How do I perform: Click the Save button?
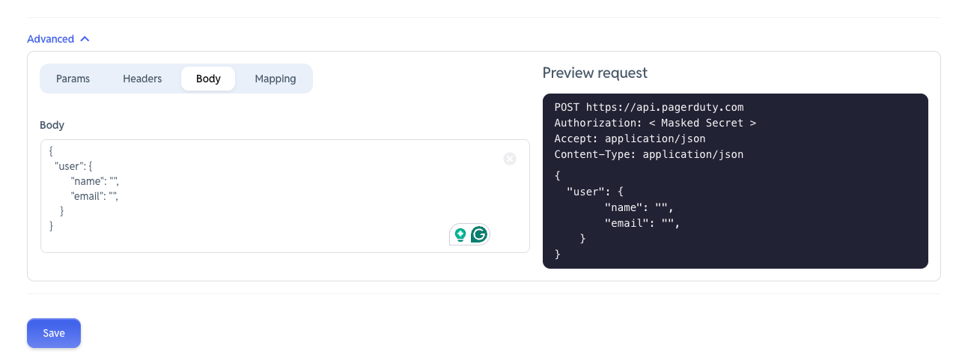pos(54,333)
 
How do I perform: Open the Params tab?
pos(73,79)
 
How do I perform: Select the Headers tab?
pos(142,79)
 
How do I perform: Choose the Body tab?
pos(208,79)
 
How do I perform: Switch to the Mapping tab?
pos(275,79)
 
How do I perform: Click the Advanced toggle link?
pos(51,39)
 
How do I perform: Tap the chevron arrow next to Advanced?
pos(85,39)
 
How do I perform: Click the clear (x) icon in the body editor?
pos(510,159)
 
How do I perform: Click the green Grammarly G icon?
pos(479,234)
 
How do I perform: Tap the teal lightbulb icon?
pos(460,234)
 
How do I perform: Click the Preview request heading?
pos(595,73)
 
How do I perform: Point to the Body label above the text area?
pos(52,125)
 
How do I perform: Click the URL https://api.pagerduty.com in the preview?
pos(665,107)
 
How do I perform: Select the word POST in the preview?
pos(567,107)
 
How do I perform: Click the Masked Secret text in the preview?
pos(703,123)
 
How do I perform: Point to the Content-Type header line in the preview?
pos(649,155)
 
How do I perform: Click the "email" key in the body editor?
pos(88,196)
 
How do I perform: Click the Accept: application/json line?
pos(630,138)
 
